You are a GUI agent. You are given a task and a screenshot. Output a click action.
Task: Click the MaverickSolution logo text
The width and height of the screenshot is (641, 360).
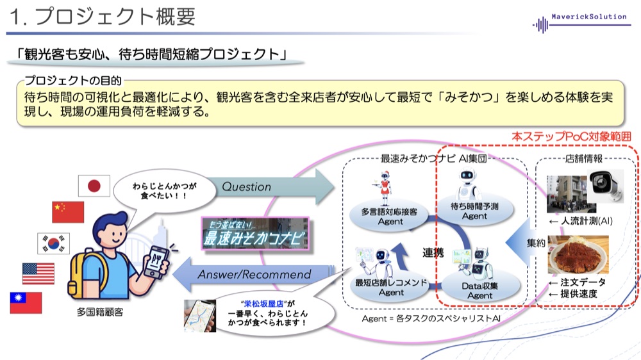point(589,17)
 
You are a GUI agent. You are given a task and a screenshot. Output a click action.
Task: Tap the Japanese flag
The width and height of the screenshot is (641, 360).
point(94,186)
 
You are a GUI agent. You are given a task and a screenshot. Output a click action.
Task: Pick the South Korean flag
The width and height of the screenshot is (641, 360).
point(53,243)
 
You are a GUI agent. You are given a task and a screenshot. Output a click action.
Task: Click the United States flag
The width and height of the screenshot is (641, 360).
point(38,274)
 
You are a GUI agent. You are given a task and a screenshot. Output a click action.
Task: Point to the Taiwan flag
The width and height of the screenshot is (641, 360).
point(26,302)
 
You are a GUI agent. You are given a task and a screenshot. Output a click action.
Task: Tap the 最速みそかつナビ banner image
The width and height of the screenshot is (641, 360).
point(255,233)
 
